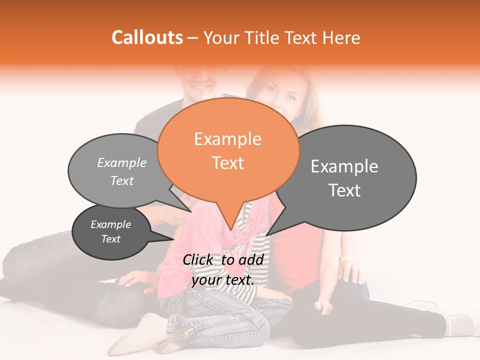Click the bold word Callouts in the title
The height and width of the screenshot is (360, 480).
pos(147,37)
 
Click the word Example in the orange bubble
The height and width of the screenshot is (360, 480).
pos(227,139)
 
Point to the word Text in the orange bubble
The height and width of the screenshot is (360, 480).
pos(227,163)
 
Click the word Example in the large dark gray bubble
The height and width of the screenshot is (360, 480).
pos(344,166)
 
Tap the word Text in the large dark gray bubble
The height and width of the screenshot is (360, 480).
pos(344,190)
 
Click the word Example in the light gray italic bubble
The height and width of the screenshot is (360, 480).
pos(121,162)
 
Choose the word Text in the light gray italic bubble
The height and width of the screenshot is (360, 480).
pos(121,180)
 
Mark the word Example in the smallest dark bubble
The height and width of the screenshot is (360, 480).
pos(110,224)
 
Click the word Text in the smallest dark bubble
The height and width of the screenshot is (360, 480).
pos(110,239)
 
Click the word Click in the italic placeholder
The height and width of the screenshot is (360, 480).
pos(200,259)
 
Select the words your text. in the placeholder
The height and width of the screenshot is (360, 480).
pos(222,280)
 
